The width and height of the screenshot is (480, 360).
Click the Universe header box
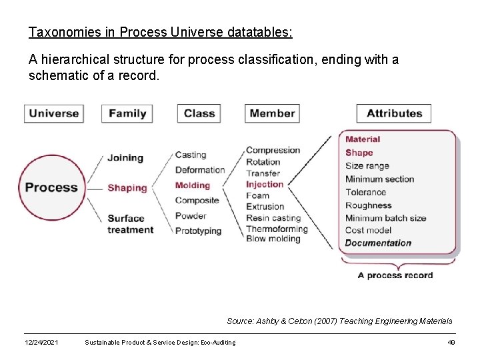(x=54, y=113)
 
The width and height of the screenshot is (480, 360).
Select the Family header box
(x=127, y=113)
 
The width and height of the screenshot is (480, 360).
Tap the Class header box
(x=199, y=113)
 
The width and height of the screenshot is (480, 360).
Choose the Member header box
(x=272, y=113)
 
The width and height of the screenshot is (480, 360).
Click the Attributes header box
(x=394, y=113)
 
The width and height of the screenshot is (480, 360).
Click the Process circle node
(x=51, y=187)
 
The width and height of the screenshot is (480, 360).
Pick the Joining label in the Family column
(x=125, y=158)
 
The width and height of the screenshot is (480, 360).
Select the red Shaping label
(x=127, y=188)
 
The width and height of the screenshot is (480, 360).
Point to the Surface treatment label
(x=130, y=224)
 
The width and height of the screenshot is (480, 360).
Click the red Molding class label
(x=192, y=185)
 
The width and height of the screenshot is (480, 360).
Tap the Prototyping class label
(x=198, y=231)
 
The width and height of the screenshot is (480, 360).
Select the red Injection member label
(x=265, y=184)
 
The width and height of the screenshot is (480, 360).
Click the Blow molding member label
(x=273, y=239)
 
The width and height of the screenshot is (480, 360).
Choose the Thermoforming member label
(x=277, y=229)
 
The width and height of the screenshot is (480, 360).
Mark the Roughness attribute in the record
(x=368, y=205)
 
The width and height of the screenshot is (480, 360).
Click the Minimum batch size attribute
(x=385, y=218)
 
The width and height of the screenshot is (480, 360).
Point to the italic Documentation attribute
(x=378, y=243)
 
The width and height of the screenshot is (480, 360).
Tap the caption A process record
(x=395, y=275)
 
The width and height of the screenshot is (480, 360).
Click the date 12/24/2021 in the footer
(x=41, y=343)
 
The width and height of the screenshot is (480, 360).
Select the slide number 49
(x=451, y=343)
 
